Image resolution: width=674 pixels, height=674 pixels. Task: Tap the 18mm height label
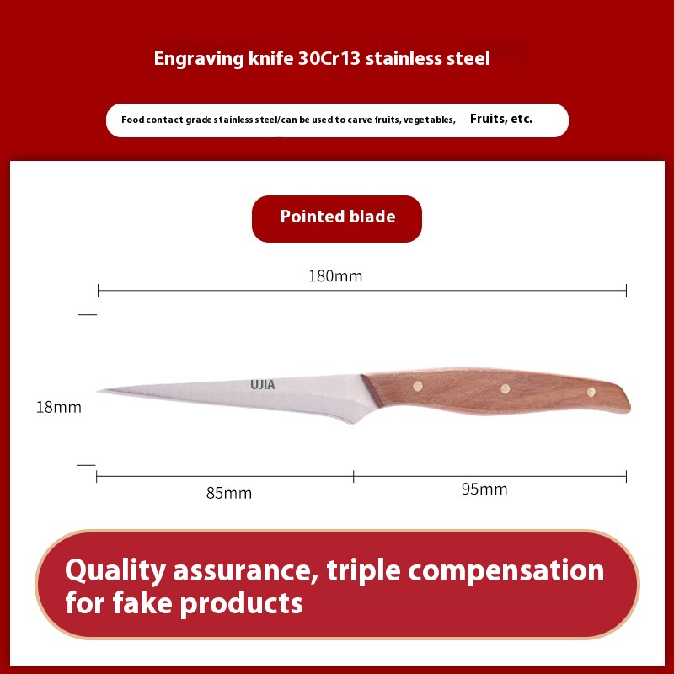coord(58,407)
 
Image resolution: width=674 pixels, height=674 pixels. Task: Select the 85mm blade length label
coord(228,493)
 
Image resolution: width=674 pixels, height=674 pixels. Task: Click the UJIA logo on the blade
coord(262,385)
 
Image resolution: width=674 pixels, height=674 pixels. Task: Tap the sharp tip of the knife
coord(99,391)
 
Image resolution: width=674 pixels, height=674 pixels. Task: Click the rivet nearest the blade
coord(417,386)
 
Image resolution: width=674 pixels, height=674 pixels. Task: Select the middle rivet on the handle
coord(505,388)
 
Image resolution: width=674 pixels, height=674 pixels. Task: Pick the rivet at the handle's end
coord(591,392)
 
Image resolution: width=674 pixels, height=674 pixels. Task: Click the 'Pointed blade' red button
coord(337,218)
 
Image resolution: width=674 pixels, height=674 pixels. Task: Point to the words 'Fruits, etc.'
coord(501,119)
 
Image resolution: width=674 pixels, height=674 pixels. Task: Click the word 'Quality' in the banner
coord(116,570)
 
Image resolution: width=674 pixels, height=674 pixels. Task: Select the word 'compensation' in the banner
coord(522,570)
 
